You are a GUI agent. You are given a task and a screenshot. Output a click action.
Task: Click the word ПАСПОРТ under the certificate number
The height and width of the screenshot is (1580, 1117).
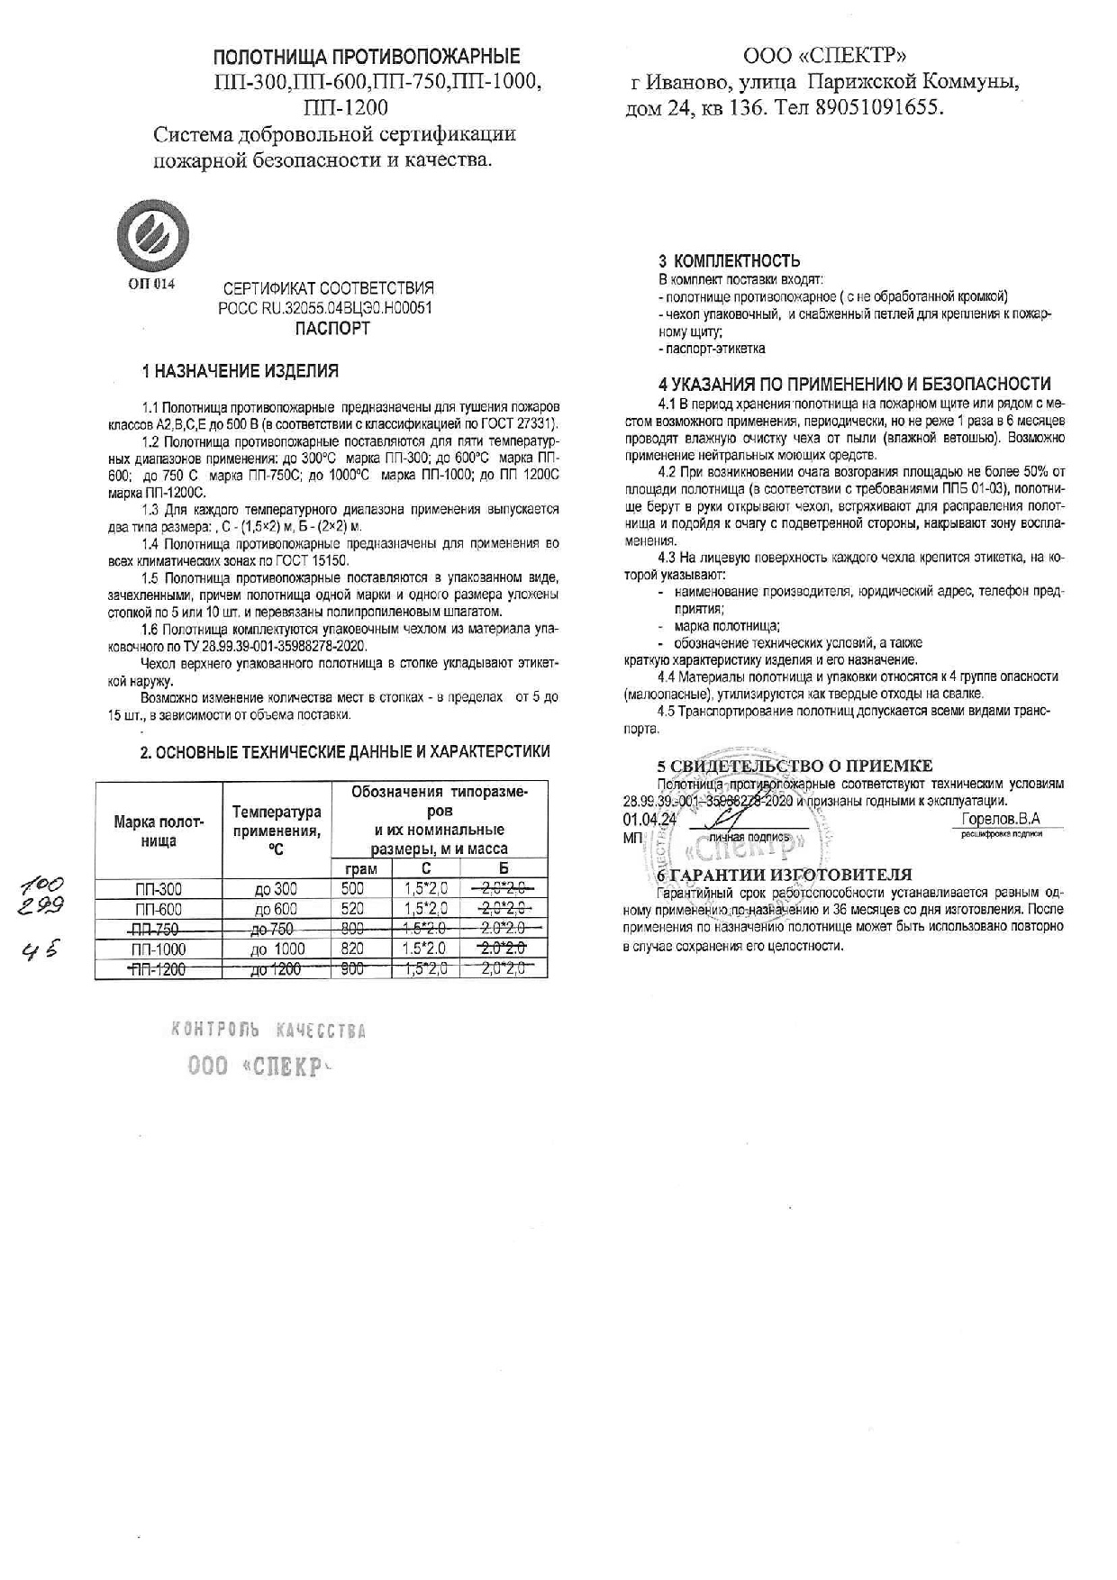pos(332,329)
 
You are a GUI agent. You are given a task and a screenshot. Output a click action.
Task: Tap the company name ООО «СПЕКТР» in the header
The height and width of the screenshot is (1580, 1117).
pos(820,57)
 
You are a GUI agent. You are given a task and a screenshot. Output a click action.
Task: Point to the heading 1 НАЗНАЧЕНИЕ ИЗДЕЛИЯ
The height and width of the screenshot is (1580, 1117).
pos(241,371)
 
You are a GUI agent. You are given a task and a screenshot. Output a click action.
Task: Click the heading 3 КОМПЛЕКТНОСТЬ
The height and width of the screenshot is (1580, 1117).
pos(729,262)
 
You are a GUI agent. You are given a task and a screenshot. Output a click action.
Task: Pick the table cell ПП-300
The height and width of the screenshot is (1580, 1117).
pos(157,889)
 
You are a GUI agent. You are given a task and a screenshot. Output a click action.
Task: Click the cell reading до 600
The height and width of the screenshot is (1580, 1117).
pos(276,909)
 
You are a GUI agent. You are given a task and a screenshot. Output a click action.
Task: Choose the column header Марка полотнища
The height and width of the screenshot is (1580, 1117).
pos(159,831)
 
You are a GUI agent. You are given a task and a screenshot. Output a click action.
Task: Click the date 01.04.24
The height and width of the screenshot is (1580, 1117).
pos(649,820)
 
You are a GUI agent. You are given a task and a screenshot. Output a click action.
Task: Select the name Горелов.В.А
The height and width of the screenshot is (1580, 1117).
pos(1000,819)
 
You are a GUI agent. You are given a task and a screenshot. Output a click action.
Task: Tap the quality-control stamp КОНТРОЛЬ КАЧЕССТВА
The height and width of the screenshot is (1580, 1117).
pos(268,1031)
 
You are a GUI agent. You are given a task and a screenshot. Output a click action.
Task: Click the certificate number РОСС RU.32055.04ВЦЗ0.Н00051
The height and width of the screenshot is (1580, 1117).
pos(326,308)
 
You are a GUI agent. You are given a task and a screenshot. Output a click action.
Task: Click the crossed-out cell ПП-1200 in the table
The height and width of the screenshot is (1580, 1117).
pos(157,969)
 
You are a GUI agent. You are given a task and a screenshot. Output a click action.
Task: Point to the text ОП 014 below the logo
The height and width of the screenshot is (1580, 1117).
pos(151,284)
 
